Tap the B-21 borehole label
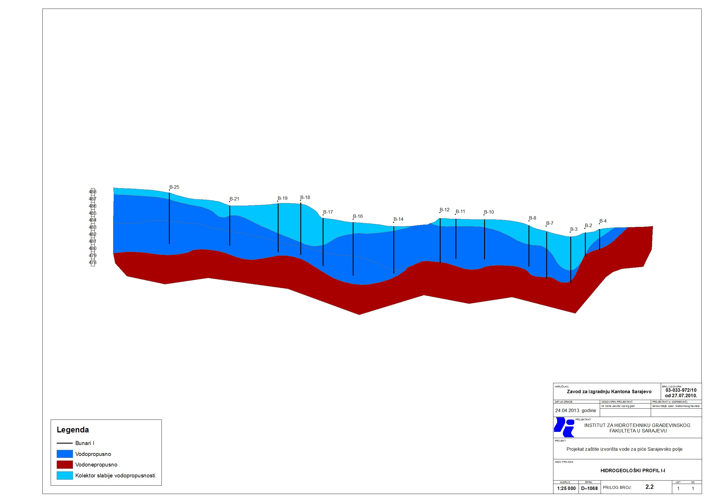pos(234,199)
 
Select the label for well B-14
pos(398,219)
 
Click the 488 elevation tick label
pos(92,192)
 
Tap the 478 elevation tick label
pos(92,263)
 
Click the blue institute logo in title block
pos(564,427)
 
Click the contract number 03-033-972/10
pos(681,390)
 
